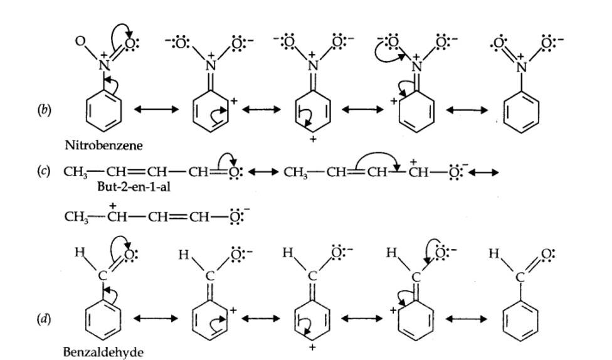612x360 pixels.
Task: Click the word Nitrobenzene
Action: coord(103,146)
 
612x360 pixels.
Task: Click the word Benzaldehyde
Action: coord(103,352)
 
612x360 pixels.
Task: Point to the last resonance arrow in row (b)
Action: coord(467,110)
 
